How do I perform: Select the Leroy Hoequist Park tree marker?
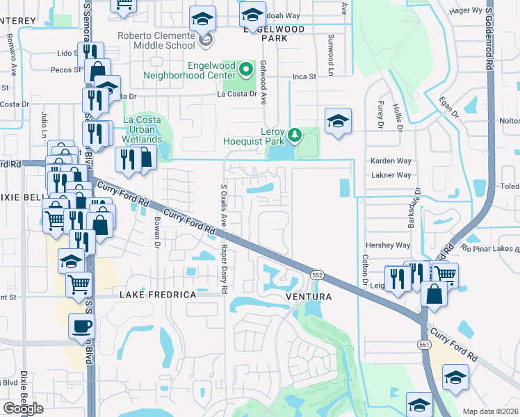(x=295, y=134)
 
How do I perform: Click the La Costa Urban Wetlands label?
(x=143, y=129)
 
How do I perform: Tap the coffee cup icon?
(x=81, y=326)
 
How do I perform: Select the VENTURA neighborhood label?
(x=307, y=296)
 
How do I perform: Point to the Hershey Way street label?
(x=389, y=245)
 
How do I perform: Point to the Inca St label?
(x=304, y=76)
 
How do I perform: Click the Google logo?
(x=23, y=409)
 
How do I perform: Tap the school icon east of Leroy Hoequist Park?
(x=338, y=121)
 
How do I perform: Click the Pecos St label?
(x=67, y=70)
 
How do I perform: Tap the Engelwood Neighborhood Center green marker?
(x=245, y=69)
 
